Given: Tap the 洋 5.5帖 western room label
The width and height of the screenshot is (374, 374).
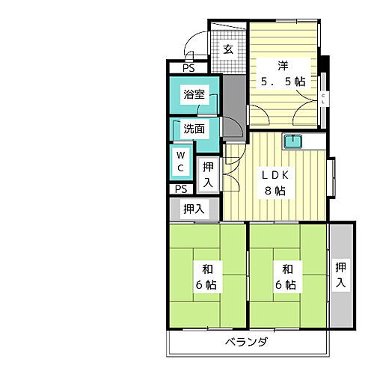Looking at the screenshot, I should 282,72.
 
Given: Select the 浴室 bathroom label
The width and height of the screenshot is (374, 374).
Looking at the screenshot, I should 195,95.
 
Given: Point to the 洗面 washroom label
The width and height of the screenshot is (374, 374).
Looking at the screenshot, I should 194,128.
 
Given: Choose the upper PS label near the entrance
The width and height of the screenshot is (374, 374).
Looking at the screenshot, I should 188,67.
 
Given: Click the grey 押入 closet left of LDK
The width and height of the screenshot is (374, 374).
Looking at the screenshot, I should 194,209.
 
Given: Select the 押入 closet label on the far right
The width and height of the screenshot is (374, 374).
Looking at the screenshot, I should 341,275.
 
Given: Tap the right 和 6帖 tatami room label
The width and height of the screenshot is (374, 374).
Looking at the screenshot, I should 287,276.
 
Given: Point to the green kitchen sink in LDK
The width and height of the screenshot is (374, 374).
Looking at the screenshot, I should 293,140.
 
